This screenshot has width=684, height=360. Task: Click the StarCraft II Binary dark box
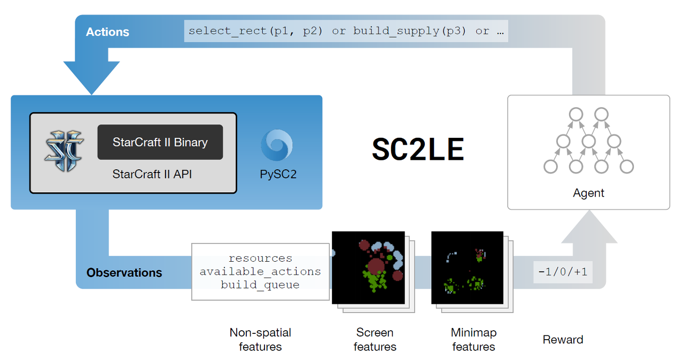tap(160, 142)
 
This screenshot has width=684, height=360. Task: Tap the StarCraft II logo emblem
tap(64, 151)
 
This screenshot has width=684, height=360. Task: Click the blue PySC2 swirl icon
tap(277, 145)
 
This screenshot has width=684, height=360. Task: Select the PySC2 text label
tap(278, 174)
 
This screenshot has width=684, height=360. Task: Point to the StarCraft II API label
tap(152, 174)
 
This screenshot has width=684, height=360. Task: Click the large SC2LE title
tap(418, 149)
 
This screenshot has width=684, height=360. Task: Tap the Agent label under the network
tap(588, 193)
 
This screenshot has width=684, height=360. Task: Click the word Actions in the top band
tap(107, 32)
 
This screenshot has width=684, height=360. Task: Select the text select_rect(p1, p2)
tap(255, 31)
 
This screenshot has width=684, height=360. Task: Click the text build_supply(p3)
tap(409, 31)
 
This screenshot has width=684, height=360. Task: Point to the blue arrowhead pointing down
tap(91, 78)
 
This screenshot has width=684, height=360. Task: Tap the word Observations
tap(124, 272)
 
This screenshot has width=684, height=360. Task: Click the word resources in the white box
tap(260, 259)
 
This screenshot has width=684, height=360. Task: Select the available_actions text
tap(260, 272)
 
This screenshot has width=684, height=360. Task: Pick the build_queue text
tap(260, 285)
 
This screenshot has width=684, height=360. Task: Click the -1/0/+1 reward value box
tap(563, 272)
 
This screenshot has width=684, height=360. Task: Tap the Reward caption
tap(563, 340)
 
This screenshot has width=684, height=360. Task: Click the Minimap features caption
tap(473, 340)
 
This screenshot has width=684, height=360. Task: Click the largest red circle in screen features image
tap(376, 267)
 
